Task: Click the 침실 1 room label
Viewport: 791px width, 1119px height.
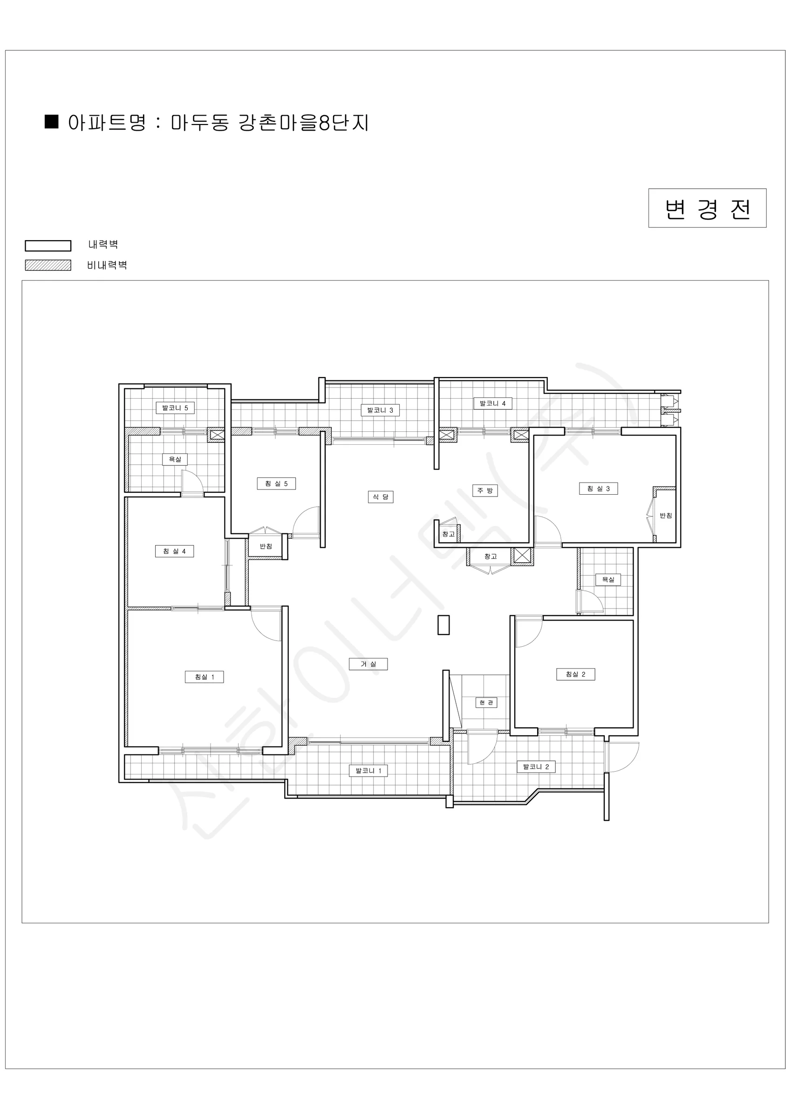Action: pyautogui.click(x=204, y=677)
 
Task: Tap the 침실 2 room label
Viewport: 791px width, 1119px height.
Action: pyautogui.click(x=576, y=675)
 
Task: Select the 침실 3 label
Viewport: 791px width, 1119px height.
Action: pyautogui.click(x=598, y=488)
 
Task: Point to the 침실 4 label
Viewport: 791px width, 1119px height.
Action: pyautogui.click(x=174, y=551)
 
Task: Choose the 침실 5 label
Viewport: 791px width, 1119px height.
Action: pyautogui.click(x=276, y=484)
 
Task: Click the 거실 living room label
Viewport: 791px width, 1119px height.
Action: pyautogui.click(x=368, y=664)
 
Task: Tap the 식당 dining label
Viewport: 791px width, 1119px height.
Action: pyautogui.click(x=381, y=497)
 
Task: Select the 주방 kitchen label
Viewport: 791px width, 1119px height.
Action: pyautogui.click(x=485, y=490)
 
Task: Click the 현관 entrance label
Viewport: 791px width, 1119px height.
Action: pyautogui.click(x=486, y=702)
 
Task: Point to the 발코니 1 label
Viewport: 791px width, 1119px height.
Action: pyautogui.click(x=368, y=771)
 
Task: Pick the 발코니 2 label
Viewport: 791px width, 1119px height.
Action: pyautogui.click(x=536, y=767)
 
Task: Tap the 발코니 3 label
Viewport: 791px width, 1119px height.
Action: pyautogui.click(x=380, y=410)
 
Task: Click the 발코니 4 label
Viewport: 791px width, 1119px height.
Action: pyautogui.click(x=492, y=404)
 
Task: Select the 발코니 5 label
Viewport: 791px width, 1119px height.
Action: pyautogui.click(x=175, y=408)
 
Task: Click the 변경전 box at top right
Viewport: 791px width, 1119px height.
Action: pyautogui.click(x=707, y=208)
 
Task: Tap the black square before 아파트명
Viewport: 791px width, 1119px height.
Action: pyautogui.click(x=52, y=122)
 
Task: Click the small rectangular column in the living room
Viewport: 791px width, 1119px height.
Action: pyautogui.click(x=443, y=625)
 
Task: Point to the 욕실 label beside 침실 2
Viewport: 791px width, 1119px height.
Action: pyautogui.click(x=608, y=580)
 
